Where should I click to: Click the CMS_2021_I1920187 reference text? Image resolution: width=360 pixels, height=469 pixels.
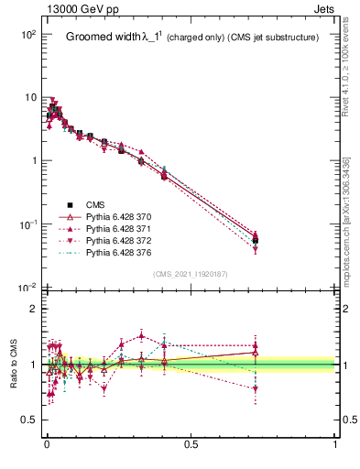click(x=191, y=274)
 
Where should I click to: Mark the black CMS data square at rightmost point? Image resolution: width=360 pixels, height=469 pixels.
click(x=255, y=241)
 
